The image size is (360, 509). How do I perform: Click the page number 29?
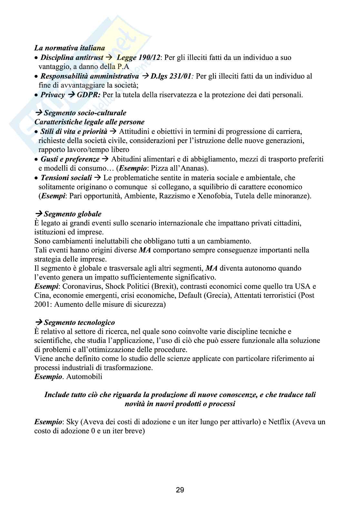180,490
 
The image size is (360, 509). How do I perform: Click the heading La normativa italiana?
69,48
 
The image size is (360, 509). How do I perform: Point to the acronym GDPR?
88,95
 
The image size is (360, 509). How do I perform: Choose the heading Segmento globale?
72,214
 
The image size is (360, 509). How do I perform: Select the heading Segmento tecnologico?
79,322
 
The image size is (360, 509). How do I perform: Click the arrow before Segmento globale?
38,214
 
